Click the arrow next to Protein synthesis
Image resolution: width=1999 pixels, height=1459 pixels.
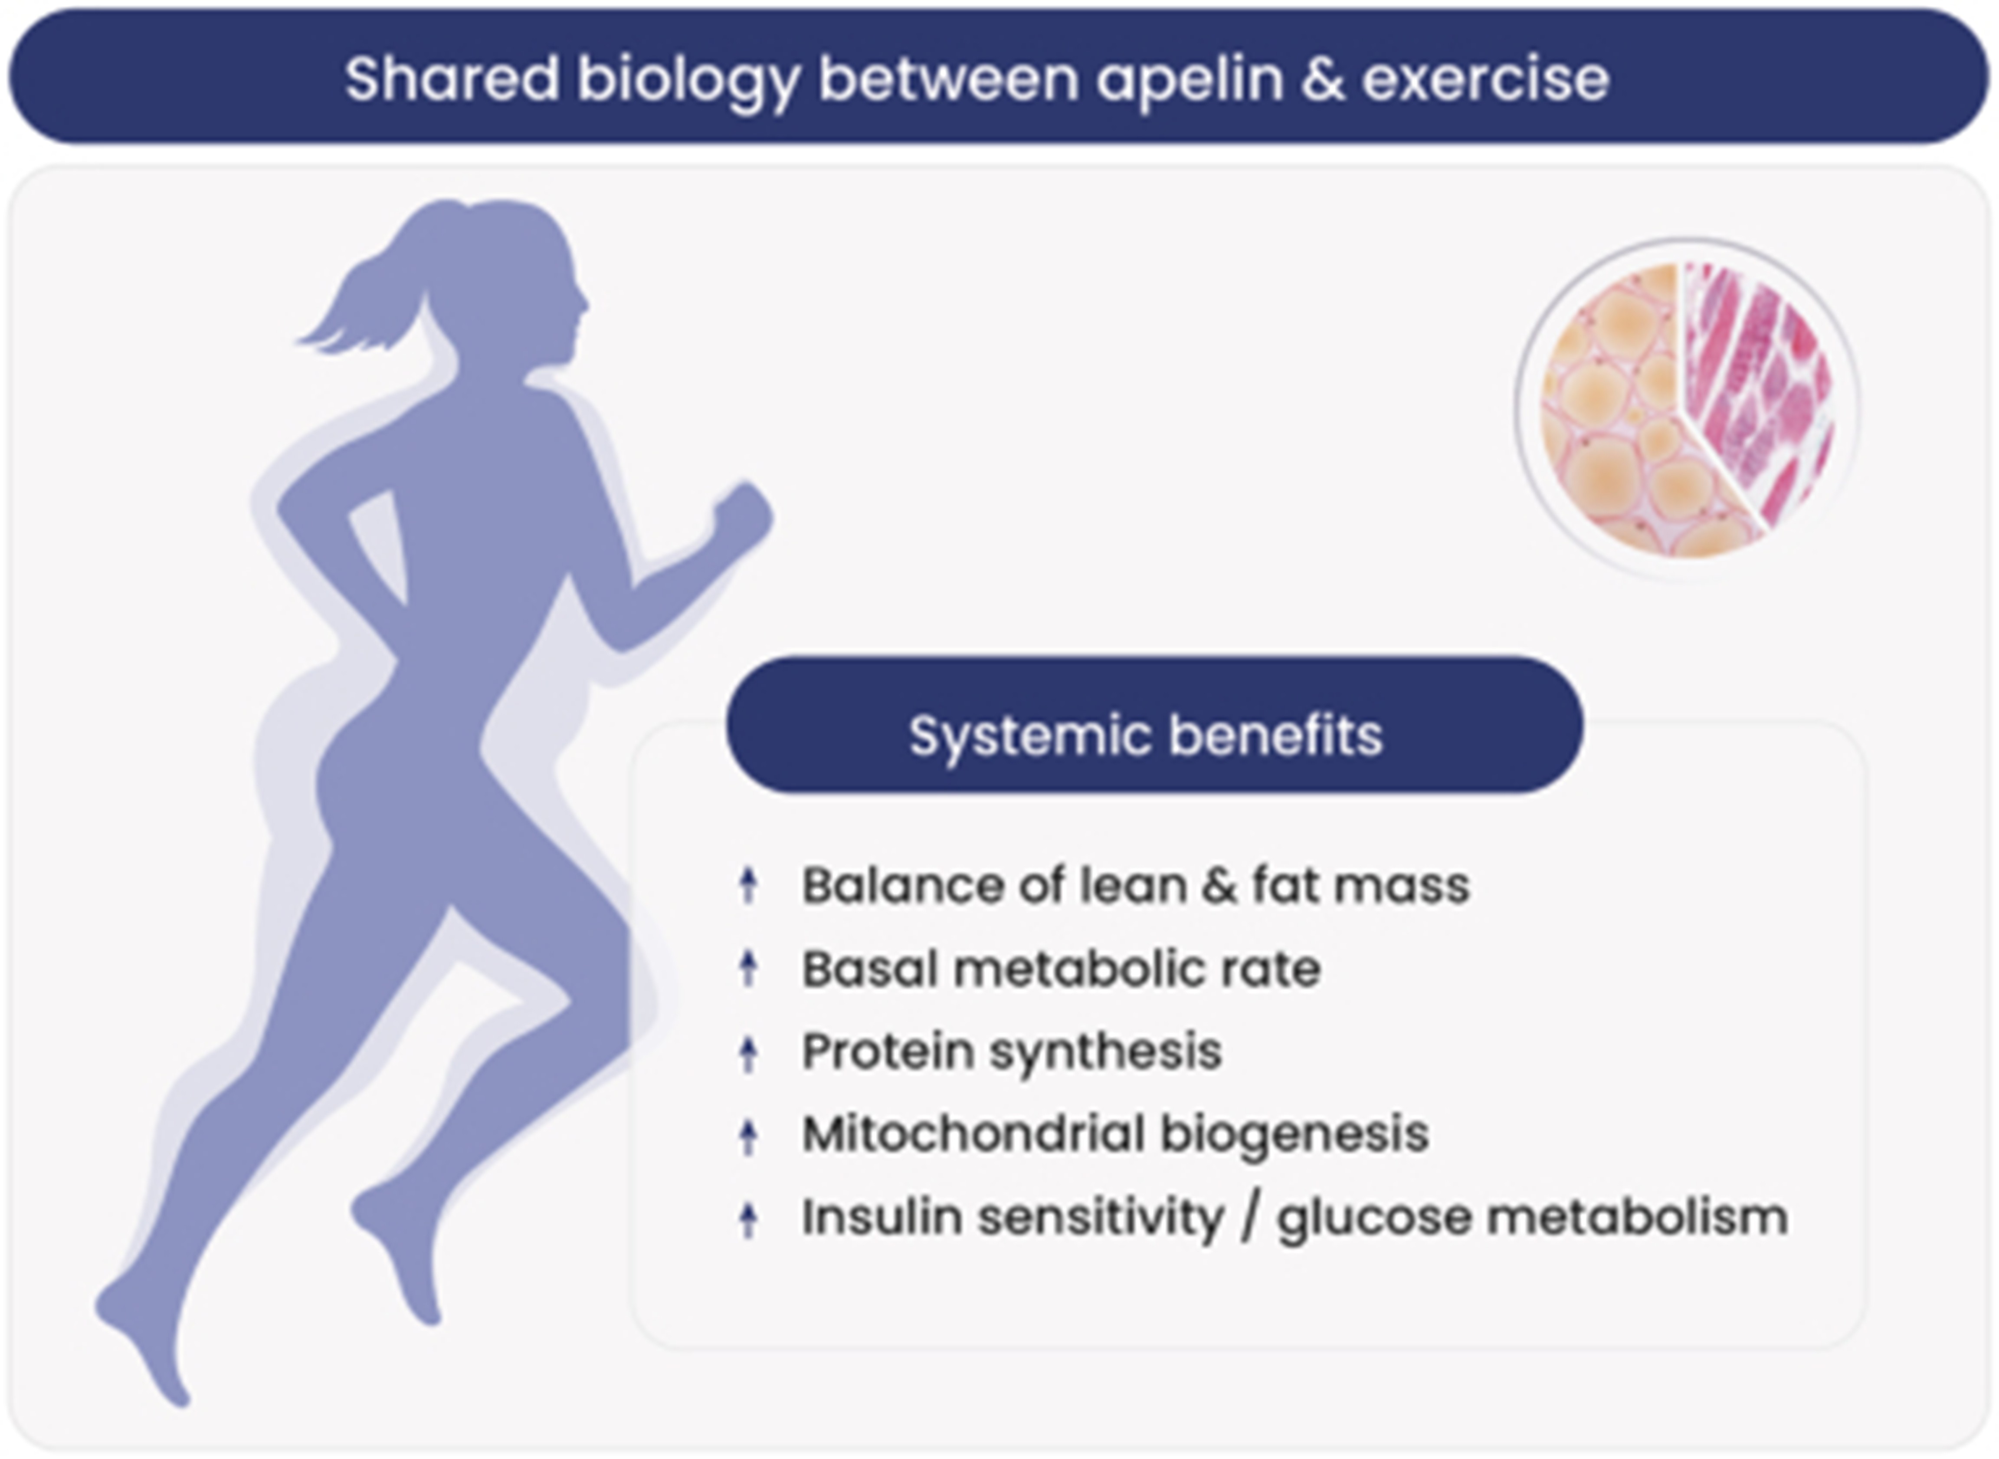(748, 1052)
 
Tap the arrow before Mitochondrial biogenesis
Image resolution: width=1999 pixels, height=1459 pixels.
(748, 1135)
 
